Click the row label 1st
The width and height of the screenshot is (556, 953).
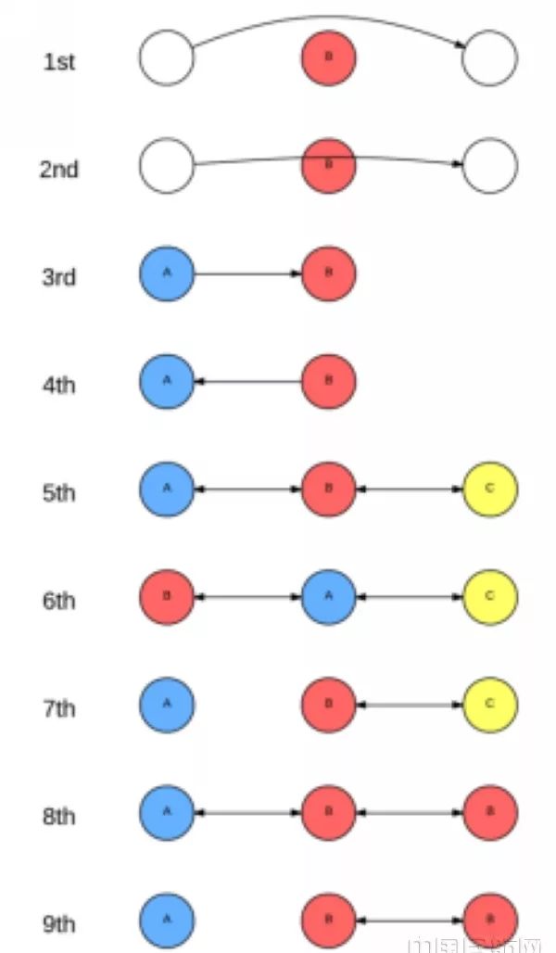[58, 62]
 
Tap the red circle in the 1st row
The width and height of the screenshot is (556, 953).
[329, 58]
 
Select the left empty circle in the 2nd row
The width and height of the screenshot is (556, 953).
[167, 167]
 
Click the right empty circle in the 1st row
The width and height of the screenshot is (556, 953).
[489, 58]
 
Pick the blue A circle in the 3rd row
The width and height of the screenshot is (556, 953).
[167, 274]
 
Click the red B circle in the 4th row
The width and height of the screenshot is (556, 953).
[329, 381]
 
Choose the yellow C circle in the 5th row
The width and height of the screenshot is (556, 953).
[489, 489]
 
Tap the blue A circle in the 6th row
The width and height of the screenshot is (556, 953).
[329, 597]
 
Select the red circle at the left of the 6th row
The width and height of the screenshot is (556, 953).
[167, 597]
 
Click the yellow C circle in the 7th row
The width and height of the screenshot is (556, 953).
[489, 705]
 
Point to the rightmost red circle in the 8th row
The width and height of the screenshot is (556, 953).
[489, 813]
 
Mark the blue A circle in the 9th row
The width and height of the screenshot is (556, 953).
[167, 921]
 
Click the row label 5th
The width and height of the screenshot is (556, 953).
[58, 493]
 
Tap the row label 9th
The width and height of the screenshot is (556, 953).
[58, 924]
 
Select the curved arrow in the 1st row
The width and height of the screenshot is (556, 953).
[329, 17]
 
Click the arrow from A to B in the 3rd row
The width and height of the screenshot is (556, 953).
[247, 274]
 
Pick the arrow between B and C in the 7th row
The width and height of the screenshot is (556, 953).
[409, 705]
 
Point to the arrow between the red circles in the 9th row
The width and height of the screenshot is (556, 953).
[409, 921]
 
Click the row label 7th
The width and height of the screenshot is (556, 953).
[58, 709]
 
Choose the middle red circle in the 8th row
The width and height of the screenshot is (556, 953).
[329, 813]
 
